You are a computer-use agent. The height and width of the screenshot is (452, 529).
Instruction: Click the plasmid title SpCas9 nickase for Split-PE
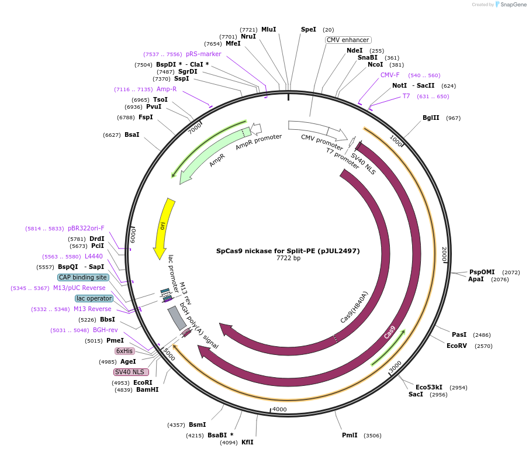(x=288, y=251)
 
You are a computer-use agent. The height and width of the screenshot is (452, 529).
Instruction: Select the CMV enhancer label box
(x=348, y=40)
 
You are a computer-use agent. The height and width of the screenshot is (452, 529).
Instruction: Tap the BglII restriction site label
(x=431, y=118)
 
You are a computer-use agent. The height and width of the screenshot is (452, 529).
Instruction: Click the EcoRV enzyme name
(x=457, y=346)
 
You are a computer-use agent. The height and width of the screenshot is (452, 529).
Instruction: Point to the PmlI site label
(x=350, y=435)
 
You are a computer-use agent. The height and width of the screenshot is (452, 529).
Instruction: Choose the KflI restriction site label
(x=247, y=442)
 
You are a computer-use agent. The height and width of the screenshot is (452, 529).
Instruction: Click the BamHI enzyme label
(x=147, y=389)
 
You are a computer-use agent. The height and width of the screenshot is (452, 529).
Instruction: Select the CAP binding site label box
(x=83, y=277)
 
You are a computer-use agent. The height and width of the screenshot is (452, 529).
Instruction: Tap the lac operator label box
(x=94, y=298)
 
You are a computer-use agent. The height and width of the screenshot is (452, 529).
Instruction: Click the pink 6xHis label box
(x=125, y=351)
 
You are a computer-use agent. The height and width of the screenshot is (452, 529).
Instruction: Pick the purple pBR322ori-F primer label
(x=86, y=228)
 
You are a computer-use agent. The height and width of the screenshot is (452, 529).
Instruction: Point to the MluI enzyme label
(x=268, y=29)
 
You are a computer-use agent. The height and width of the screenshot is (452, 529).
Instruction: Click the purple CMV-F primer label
(x=390, y=75)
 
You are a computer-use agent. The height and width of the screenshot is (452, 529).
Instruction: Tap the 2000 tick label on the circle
(x=444, y=254)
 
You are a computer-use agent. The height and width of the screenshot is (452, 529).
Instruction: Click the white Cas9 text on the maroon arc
(x=390, y=332)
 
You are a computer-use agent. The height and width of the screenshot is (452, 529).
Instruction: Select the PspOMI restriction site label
(x=482, y=272)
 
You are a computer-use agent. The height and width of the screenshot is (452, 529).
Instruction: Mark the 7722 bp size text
(x=288, y=258)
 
